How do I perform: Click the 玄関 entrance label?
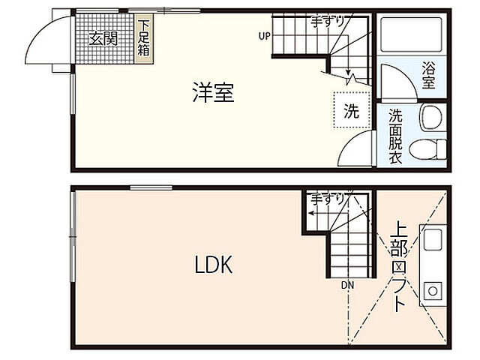[103, 39]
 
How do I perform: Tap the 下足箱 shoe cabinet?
[143, 37]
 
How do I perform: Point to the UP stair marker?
[264, 35]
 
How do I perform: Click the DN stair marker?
[346, 285]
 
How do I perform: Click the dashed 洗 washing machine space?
[352, 111]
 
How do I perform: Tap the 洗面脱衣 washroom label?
[395, 136]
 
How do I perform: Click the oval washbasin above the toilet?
[430, 117]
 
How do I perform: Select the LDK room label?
[214, 265]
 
